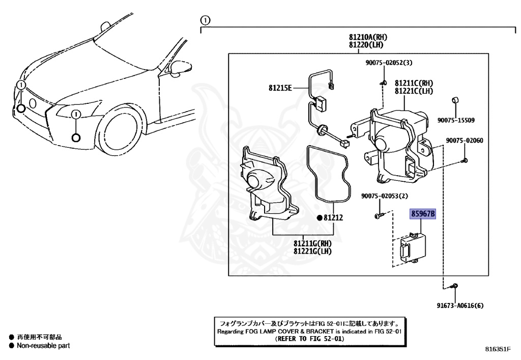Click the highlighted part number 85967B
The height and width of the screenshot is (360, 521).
[x=423, y=214]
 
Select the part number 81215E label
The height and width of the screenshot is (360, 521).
[x=280, y=88]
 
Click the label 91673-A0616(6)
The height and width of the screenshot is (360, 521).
[x=460, y=306]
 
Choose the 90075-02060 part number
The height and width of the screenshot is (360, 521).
[x=465, y=141]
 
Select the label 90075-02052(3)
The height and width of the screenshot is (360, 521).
[x=388, y=63]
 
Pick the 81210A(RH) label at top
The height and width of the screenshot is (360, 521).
[x=368, y=37]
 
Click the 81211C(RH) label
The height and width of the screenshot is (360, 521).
[x=414, y=82]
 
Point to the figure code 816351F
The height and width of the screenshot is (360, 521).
[x=497, y=349]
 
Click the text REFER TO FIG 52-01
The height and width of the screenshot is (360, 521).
[x=309, y=338]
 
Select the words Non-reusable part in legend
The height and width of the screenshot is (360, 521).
[x=43, y=346]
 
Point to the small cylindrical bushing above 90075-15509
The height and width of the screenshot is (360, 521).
[x=456, y=99]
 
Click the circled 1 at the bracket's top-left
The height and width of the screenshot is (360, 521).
[x=205, y=20]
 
